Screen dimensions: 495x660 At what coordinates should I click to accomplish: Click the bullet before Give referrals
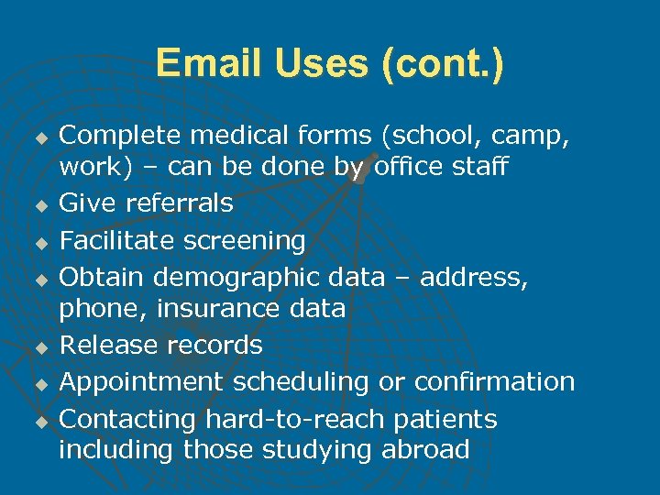40,204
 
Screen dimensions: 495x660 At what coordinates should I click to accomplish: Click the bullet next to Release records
40,347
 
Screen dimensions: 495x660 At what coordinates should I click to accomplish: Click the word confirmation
495,381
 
